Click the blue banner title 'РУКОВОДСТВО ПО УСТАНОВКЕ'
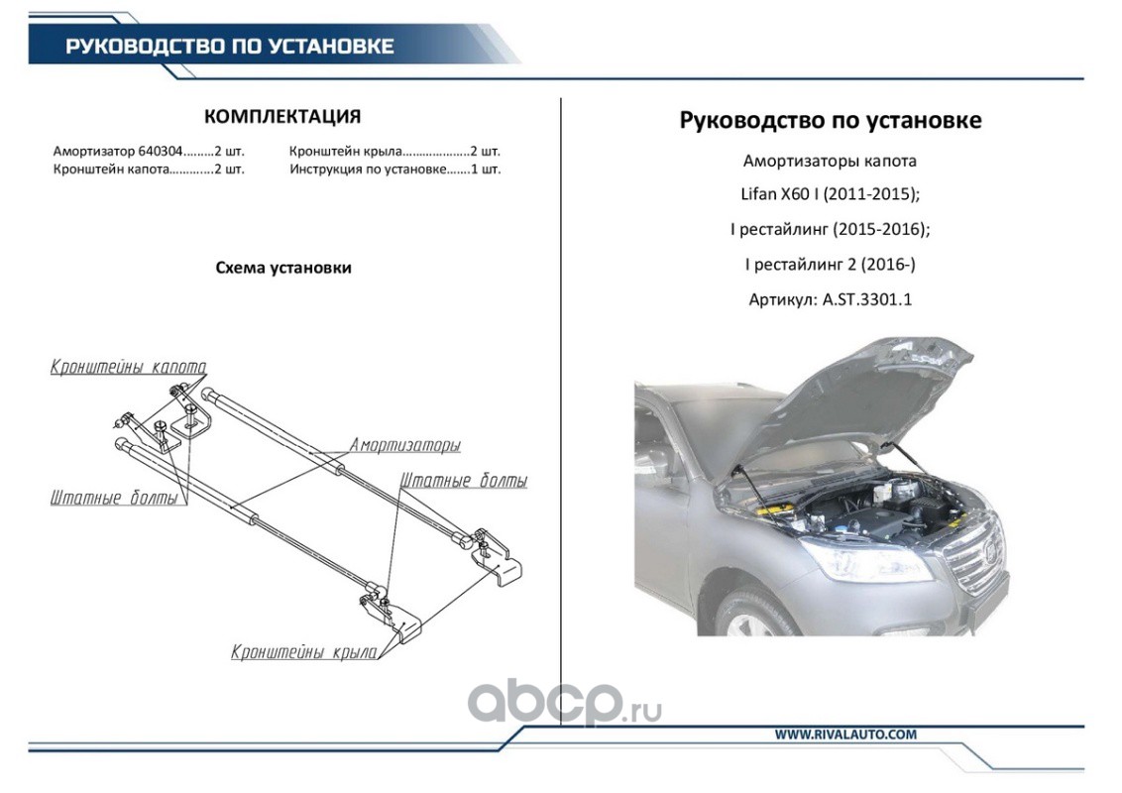229,47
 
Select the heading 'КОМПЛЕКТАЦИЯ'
281,117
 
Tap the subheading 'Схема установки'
282,268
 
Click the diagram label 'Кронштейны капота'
128,367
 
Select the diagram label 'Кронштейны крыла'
303,652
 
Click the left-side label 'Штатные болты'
113,498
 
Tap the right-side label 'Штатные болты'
463,481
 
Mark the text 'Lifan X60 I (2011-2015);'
830,194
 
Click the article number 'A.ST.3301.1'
866,298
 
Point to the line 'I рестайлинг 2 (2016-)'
830,264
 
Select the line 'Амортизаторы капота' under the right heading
830,161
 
